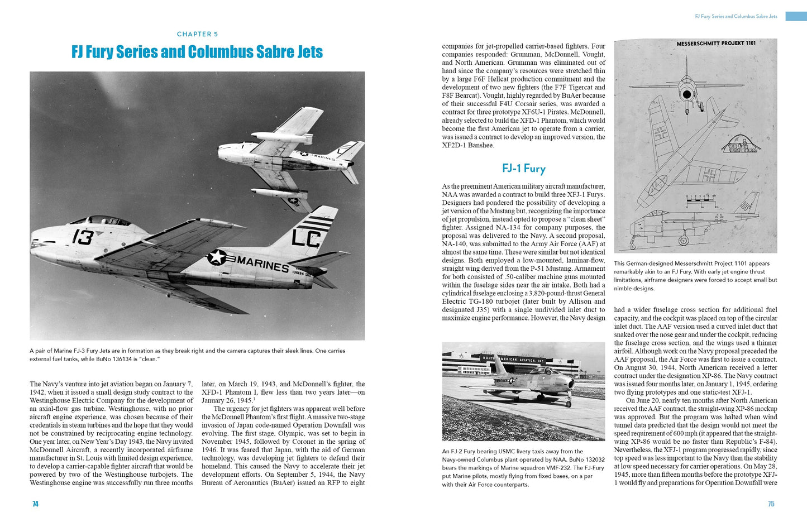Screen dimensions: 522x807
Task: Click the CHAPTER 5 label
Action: tap(197, 34)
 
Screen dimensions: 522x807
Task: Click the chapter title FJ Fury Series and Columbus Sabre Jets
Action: tap(197, 52)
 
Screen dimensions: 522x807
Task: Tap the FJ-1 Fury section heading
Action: tap(523, 169)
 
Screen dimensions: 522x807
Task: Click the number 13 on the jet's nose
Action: tap(82, 237)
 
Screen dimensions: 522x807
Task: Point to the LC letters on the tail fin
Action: tap(306, 238)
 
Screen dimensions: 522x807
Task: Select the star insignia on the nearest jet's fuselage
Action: tap(217, 257)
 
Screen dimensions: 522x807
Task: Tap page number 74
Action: tap(35, 504)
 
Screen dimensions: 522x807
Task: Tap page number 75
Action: tap(771, 504)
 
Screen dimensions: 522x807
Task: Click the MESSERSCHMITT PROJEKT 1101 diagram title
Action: tap(716, 44)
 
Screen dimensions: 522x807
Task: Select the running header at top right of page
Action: tap(736, 17)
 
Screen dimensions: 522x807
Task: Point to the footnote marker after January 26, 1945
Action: tap(254, 399)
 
